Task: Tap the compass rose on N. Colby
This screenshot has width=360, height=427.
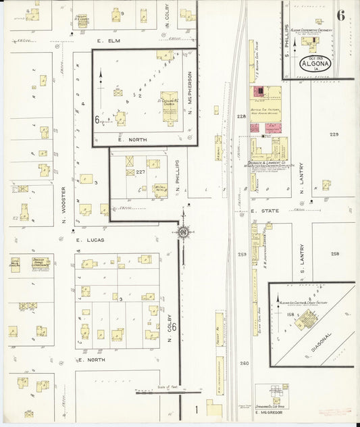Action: tap(182, 232)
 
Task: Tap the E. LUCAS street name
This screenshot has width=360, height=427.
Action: tap(91, 240)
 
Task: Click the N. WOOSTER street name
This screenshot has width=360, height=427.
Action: tap(64, 200)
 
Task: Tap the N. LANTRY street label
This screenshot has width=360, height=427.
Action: tap(302, 175)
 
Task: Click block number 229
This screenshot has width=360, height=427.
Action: tap(334, 134)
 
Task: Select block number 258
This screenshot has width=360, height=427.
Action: tap(336, 253)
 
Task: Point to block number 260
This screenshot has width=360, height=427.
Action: tap(243, 363)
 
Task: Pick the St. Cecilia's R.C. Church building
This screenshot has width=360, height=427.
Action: tap(170, 107)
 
